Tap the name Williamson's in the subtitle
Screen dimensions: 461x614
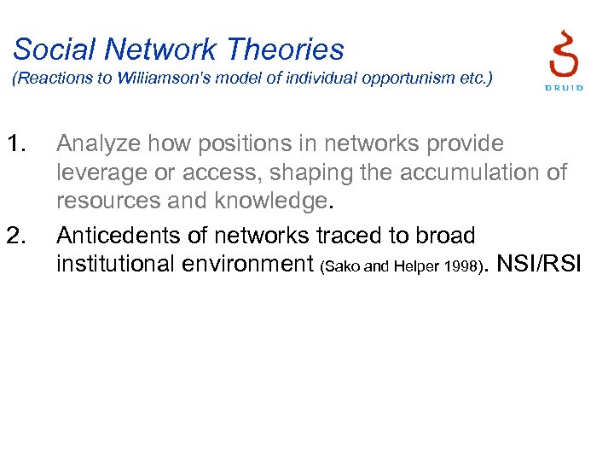click(153, 80)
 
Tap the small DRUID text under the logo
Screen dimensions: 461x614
click(564, 87)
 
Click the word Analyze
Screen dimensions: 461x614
click(98, 144)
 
